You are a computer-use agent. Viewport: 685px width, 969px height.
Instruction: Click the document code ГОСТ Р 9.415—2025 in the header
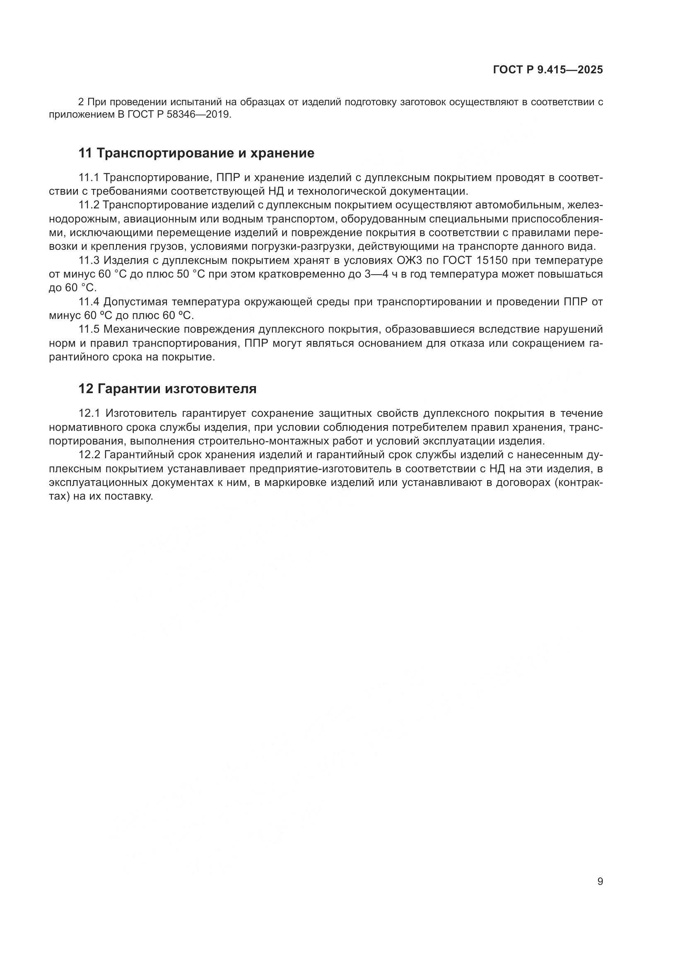(548, 70)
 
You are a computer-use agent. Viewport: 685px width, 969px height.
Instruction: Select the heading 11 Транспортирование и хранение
(196, 153)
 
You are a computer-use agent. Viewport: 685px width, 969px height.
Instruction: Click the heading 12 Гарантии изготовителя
(167, 389)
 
